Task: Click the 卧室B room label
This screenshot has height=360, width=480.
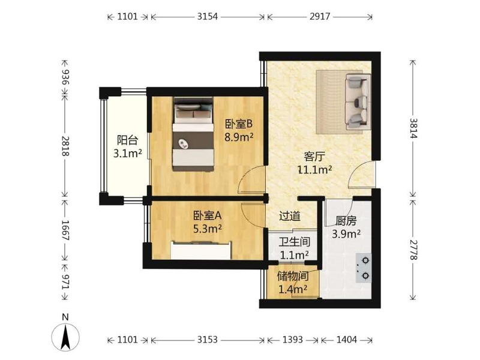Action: pyautogui.click(x=239, y=124)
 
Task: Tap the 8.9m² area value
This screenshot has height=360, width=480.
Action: pyautogui.click(x=239, y=137)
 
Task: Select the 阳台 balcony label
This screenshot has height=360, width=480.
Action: pyautogui.click(x=127, y=140)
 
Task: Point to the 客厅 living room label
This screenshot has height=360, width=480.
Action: pyautogui.click(x=314, y=157)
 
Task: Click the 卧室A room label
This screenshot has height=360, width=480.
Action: pyautogui.click(x=207, y=216)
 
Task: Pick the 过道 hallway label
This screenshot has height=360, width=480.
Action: pyautogui.click(x=290, y=216)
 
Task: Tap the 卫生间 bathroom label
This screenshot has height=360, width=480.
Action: pyautogui.click(x=294, y=242)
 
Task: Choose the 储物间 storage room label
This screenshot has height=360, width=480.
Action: pyautogui.click(x=293, y=276)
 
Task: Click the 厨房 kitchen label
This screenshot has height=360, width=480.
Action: pyautogui.click(x=346, y=221)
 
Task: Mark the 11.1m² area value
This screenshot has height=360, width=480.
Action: pyautogui.click(x=315, y=169)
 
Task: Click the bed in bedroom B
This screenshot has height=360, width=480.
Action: pyautogui.click(x=193, y=134)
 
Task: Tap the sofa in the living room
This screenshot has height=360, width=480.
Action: pyautogui.click(x=357, y=101)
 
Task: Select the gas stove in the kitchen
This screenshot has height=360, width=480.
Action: pyautogui.click(x=364, y=268)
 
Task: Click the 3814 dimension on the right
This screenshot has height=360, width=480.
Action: pyautogui.click(x=413, y=128)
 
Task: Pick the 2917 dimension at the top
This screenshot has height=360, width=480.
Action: pyautogui.click(x=320, y=16)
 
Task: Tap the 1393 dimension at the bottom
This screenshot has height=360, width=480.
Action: pyautogui.click(x=292, y=340)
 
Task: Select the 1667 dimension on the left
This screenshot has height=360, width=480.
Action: pyautogui.click(x=65, y=230)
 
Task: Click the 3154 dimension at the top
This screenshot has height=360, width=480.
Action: pyautogui.click(x=207, y=16)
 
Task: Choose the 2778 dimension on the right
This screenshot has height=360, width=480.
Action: pyautogui.click(x=413, y=250)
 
